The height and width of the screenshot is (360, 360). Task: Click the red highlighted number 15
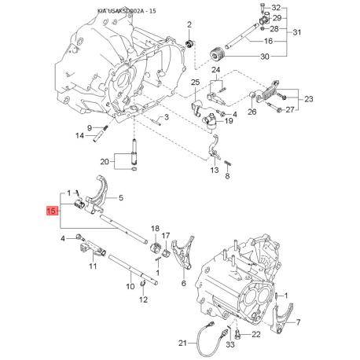click(52, 211)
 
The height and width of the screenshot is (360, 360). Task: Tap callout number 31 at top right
click(297, 32)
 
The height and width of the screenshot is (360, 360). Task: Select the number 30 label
click(265, 57)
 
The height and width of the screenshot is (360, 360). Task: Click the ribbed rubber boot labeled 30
click(217, 53)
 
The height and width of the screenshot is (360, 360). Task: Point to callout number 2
click(189, 24)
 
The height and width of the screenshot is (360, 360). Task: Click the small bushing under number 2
click(189, 43)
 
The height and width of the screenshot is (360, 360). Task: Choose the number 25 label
click(195, 83)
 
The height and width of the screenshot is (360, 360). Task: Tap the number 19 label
click(229, 120)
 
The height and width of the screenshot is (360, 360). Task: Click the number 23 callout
click(309, 99)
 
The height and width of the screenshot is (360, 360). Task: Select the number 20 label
click(105, 161)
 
